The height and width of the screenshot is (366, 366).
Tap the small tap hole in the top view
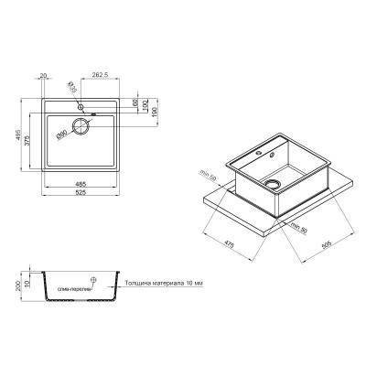click(x=80, y=108)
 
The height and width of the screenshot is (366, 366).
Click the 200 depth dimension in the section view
click(x=17, y=285)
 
